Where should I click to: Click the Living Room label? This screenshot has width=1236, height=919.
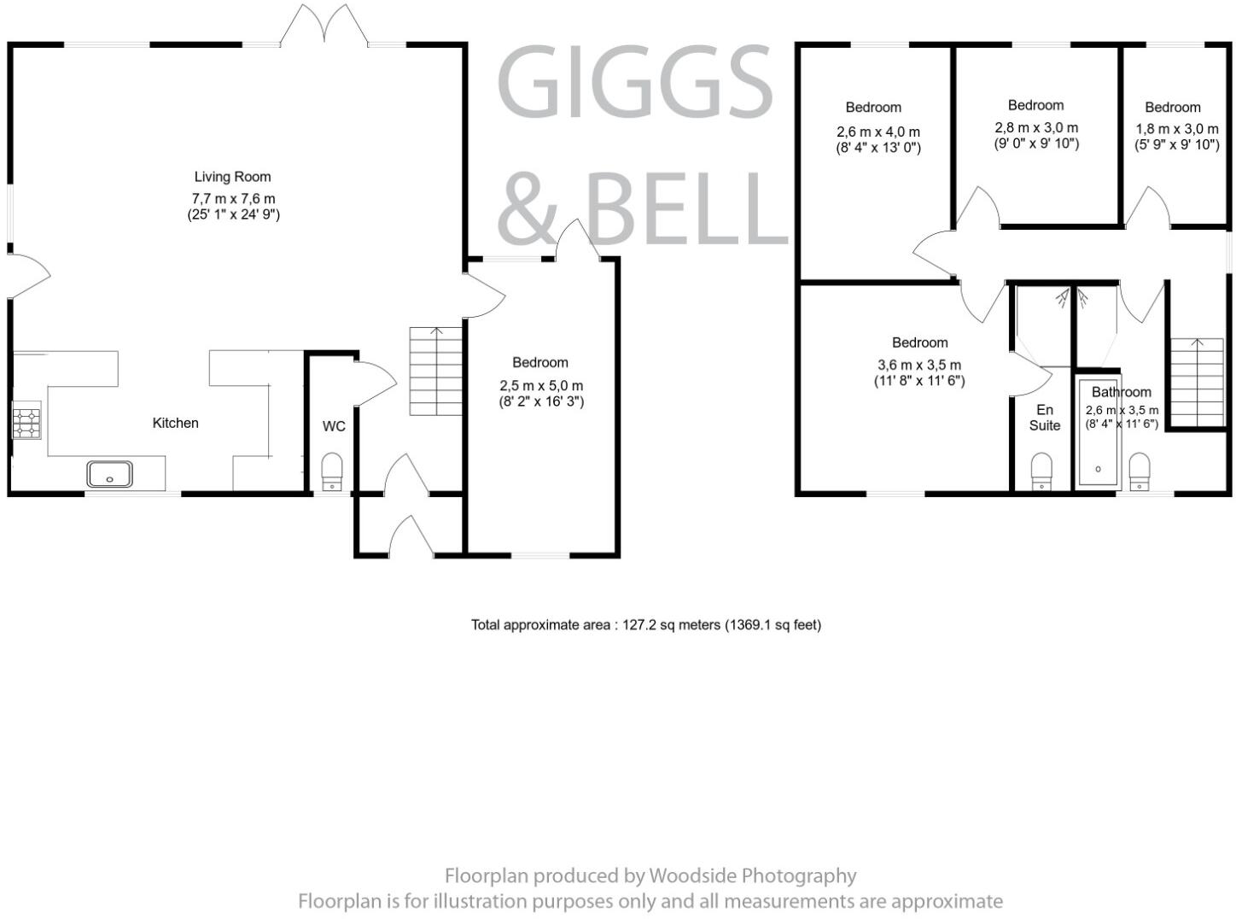point(232,177)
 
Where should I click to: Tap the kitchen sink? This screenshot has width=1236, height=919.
point(109,474)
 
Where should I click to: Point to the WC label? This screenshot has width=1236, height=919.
point(334,425)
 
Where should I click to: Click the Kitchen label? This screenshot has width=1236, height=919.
point(175,423)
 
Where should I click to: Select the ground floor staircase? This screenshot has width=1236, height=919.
point(435,371)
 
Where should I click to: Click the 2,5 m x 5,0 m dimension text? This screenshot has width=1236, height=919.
point(541,386)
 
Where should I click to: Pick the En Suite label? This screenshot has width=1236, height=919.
point(1045,418)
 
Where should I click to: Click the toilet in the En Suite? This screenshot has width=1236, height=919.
point(1041,471)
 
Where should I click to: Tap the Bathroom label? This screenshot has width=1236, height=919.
point(1122,392)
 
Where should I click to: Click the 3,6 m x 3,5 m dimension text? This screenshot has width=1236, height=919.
point(919,365)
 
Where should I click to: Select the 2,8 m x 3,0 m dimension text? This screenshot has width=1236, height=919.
point(1036,127)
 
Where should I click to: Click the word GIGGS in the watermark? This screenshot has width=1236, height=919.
point(633,83)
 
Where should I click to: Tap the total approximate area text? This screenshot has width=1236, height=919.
point(645,625)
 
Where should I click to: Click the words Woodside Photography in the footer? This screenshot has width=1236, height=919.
point(752,875)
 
